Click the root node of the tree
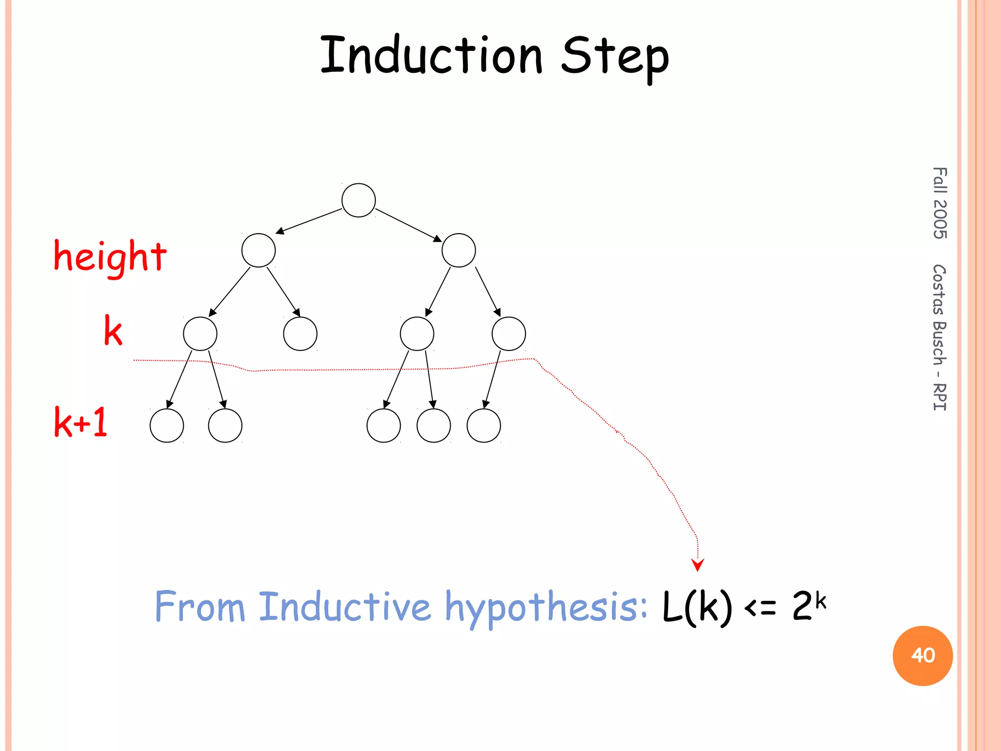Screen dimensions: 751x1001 pos(358,200)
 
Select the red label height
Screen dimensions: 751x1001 pos(110,257)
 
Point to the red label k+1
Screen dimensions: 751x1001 pos(81,422)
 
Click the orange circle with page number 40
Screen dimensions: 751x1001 pos(922,655)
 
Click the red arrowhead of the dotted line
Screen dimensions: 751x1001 pos(697,565)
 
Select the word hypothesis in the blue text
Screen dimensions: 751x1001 pos(546,607)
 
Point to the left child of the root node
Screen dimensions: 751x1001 pos(258,250)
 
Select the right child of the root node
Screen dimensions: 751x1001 pos(458,250)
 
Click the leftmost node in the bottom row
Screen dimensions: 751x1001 pos(167,425)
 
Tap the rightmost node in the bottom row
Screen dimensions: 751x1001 pos(483,425)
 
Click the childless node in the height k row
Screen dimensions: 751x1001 pos(300,333)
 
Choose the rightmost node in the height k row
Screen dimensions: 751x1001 pos(508,333)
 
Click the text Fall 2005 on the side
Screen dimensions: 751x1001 pos(939,203)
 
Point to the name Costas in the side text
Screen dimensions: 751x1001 pos(939,289)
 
